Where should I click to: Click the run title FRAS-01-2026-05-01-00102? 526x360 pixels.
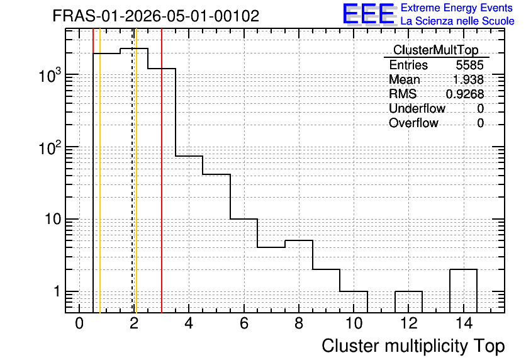(x=156, y=16)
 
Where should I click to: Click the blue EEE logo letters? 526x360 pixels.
(x=369, y=14)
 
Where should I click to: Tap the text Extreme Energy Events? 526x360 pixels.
(x=457, y=8)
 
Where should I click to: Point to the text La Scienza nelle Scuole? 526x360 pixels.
(x=457, y=21)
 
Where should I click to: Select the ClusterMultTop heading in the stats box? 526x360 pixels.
(x=436, y=50)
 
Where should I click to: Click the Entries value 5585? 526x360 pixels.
(x=469, y=65)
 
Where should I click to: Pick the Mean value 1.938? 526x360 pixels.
(x=468, y=79)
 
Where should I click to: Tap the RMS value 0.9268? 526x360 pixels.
(x=465, y=94)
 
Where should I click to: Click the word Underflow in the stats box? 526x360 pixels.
(x=417, y=108)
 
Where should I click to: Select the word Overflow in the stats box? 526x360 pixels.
(x=413, y=123)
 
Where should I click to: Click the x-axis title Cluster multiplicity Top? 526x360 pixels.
(x=413, y=346)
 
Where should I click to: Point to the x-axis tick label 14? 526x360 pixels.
(x=464, y=323)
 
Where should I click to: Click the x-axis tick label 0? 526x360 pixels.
(x=79, y=323)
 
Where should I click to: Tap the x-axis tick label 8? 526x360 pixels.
(x=299, y=323)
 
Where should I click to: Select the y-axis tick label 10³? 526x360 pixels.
(x=50, y=75)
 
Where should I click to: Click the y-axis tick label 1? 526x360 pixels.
(x=57, y=291)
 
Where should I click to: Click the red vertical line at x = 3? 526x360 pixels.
(x=162, y=171)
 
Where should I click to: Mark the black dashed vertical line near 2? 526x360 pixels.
(x=132, y=171)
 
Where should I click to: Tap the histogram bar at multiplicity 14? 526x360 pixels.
(x=463, y=291)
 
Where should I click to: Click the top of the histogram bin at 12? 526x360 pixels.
(x=408, y=291)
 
